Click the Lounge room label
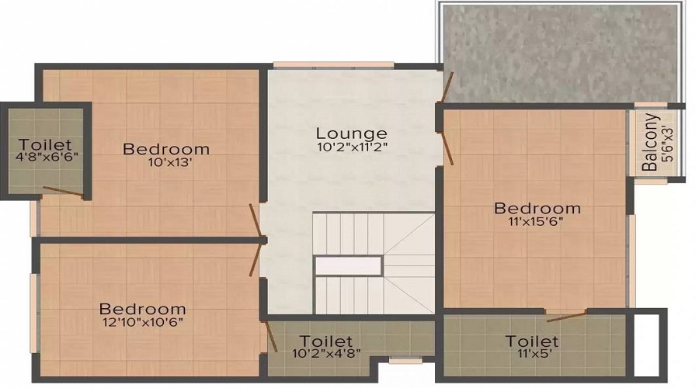352,133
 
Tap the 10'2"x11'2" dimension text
352,147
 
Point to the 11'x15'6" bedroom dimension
537,221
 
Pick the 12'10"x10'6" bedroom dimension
142,321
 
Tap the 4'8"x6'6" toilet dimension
46,156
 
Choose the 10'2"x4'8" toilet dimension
326,354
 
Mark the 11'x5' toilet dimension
532,354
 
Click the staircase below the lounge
373,264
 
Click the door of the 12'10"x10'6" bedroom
256,259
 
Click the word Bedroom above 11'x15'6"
537,208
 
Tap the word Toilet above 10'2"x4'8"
326,341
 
